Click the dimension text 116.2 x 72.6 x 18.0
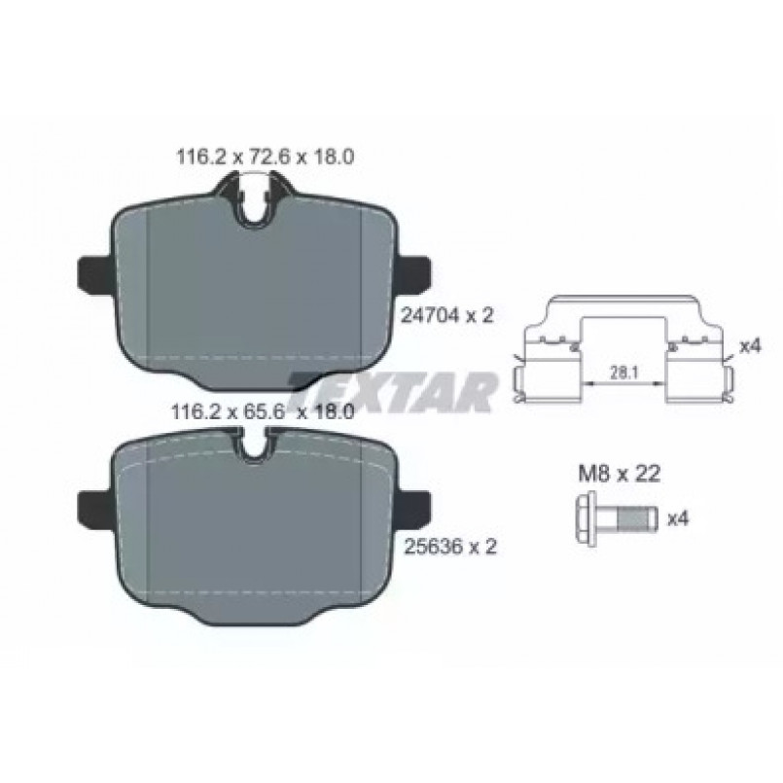(266, 158)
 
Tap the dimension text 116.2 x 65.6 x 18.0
(263, 412)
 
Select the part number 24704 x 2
(447, 315)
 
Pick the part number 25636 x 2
(449, 547)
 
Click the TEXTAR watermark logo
(395, 391)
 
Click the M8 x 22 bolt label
(620, 474)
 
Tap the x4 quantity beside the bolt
(678, 518)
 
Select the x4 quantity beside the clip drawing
(750, 345)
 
